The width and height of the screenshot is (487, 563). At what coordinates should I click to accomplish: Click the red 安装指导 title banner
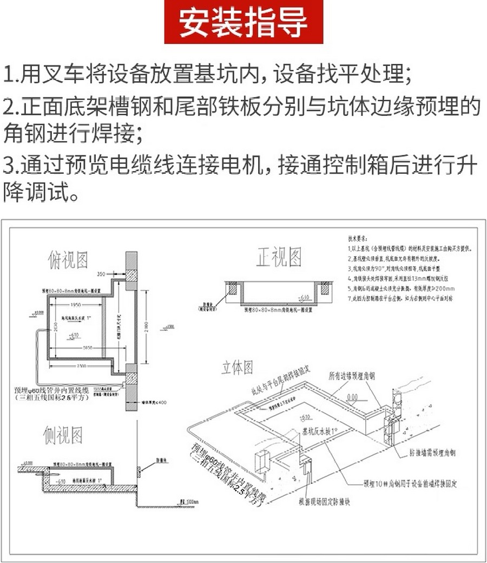coord(243,22)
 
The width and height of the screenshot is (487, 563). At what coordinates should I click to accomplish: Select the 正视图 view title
coord(279,258)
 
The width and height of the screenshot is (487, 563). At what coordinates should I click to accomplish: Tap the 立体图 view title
coord(237,368)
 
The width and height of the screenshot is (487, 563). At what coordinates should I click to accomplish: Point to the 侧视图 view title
coord(63,434)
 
